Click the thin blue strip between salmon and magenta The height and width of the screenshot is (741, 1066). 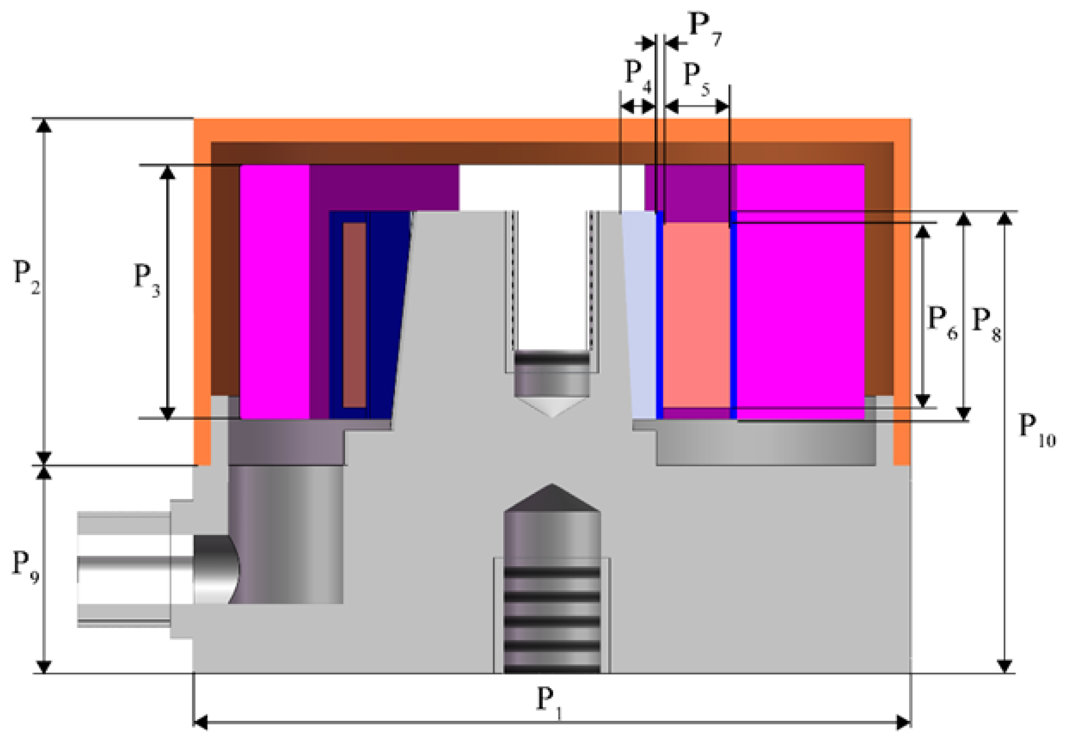point(734,316)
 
